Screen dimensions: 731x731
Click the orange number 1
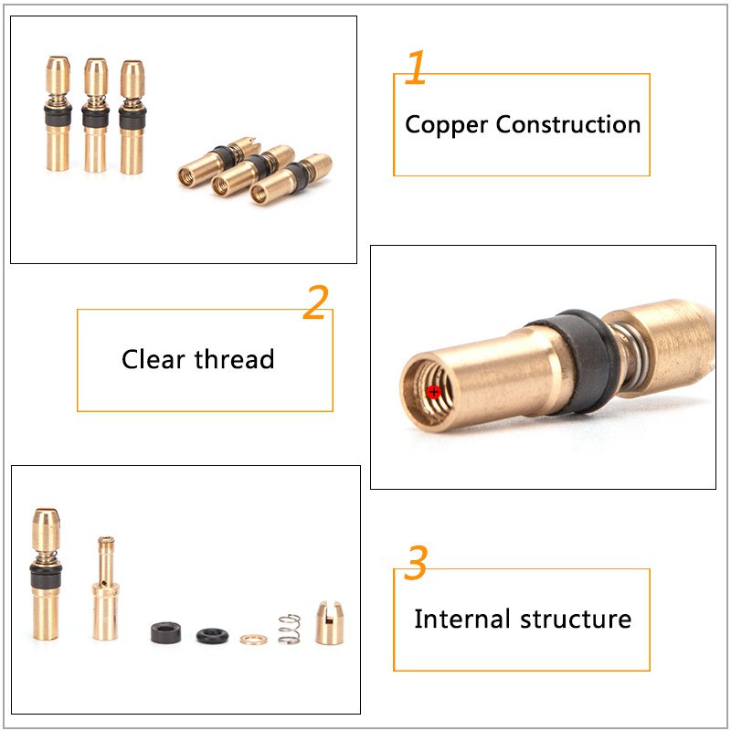[x=416, y=67]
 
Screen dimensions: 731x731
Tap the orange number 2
[x=316, y=302]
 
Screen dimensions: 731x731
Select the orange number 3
[x=416, y=562]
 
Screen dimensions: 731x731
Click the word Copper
[x=446, y=125]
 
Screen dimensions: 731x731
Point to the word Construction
[x=567, y=124]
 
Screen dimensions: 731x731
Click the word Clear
[x=154, y=359]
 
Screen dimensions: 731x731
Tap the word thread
[x=234, y=359]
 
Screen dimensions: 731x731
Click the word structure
[x=576, y=620]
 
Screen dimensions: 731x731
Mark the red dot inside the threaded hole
[x=433, y=392]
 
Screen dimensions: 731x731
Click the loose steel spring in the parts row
[x=289, y=629]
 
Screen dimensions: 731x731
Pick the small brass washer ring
[x=254, y=639]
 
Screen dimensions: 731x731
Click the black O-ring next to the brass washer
[x=212, y=636]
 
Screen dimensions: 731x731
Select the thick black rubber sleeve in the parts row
[x=166, y=632]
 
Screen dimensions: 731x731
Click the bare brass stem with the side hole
[x=105, y=588]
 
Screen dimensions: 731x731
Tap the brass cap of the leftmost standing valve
[x=58, y=76]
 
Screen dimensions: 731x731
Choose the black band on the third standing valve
[x=132, y=119]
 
